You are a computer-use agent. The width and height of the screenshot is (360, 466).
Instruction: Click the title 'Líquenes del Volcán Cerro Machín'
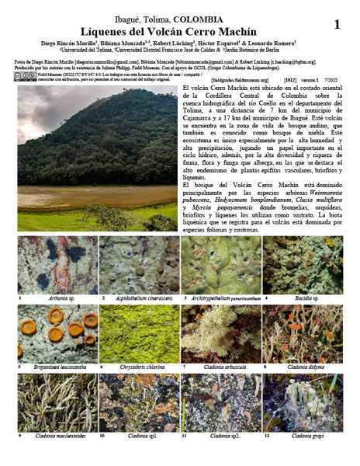click(179, 30)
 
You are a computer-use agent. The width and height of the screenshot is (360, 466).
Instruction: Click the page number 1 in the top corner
click(336, 25)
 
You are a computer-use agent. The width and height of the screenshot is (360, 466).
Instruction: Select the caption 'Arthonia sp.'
click(57, 297)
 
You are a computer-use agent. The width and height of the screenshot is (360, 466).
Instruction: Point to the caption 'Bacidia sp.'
click(306, 297)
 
